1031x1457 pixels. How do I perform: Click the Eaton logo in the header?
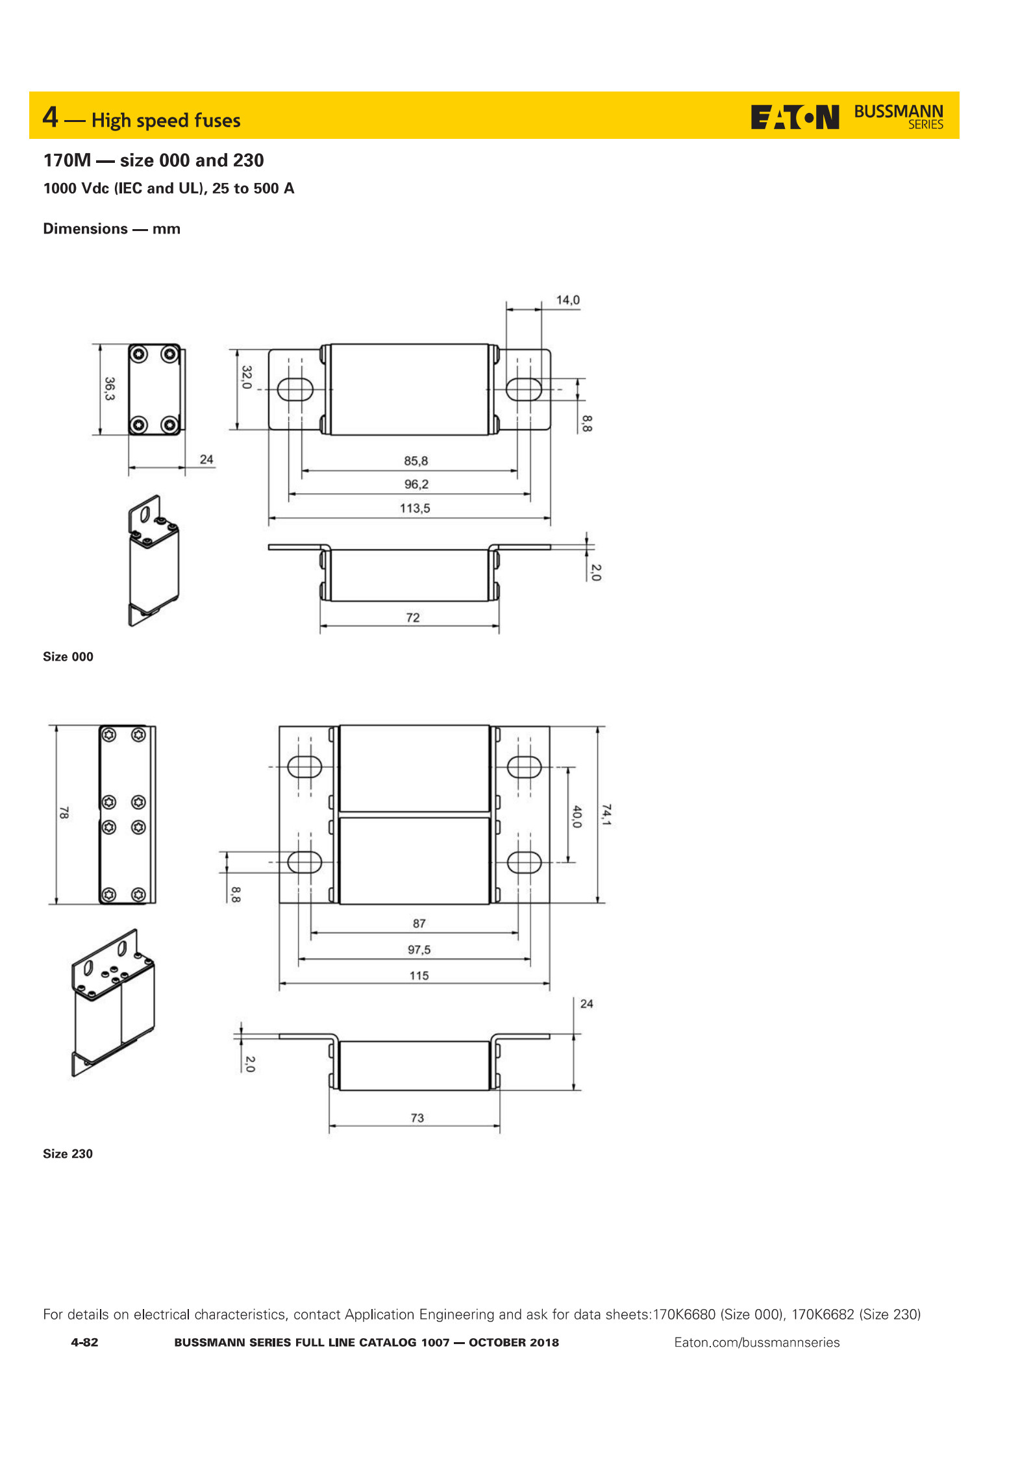795,117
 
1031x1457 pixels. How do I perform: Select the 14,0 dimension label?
567,300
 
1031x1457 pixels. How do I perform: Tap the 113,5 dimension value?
415,508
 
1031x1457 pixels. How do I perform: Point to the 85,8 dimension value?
416,461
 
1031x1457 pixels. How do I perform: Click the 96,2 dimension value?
416,484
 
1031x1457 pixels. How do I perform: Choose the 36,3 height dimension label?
110,389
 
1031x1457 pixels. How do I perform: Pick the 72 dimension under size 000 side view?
413,617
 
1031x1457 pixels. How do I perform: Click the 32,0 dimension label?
247,377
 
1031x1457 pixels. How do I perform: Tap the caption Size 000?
68,657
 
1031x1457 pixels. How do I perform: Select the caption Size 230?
68,1153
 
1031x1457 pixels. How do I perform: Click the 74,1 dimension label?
606,814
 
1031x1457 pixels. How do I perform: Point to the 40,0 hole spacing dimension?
577,816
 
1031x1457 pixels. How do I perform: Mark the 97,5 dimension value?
419,949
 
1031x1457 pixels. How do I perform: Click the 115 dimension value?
419,975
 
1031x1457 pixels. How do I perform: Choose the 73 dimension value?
417,1118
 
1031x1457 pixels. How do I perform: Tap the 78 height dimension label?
64,813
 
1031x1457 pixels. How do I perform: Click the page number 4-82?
84,1342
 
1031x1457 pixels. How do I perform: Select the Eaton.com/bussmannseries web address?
756,1342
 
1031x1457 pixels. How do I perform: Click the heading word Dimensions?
85,229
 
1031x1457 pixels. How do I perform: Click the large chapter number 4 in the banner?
51,117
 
